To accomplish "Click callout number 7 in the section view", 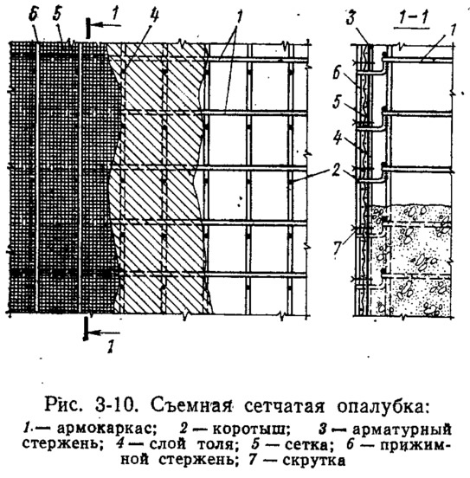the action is (337, 247).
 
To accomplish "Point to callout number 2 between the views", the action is (336, 170).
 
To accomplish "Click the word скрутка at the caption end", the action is (314, 460).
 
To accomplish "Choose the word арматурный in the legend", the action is (402, 430).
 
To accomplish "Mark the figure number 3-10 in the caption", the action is (115, 406).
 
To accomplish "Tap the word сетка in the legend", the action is (307, 445).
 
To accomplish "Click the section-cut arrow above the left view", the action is (105, 26).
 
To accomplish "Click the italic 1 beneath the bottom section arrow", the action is (110, 346).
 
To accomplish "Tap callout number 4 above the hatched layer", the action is (154, 16).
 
